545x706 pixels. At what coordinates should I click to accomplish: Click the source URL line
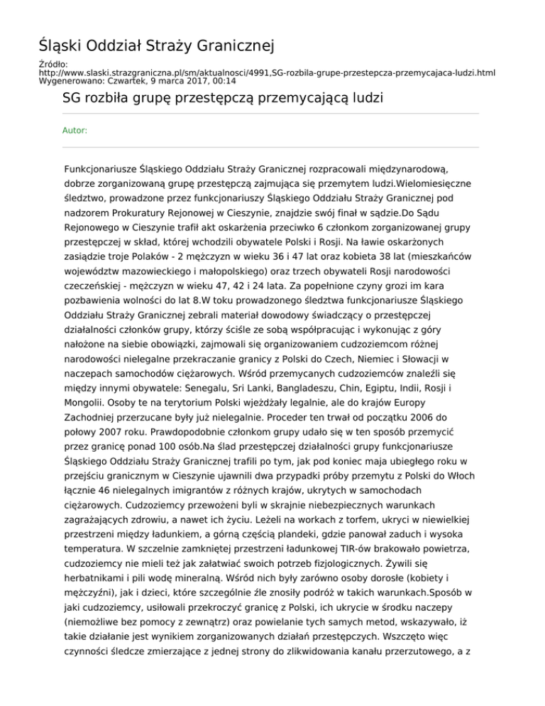pos(267,72)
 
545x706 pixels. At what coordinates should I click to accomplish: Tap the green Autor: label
pos(75,131)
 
